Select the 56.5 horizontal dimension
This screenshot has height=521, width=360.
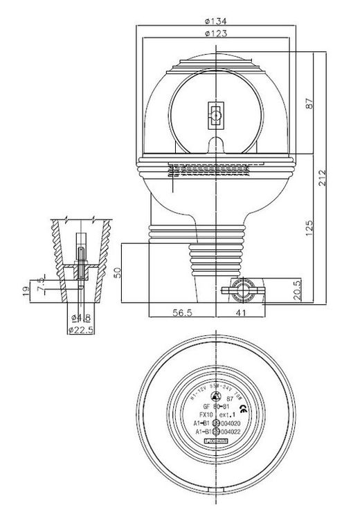181,312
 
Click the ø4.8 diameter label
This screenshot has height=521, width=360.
82,318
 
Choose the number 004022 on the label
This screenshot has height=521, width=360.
229,432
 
